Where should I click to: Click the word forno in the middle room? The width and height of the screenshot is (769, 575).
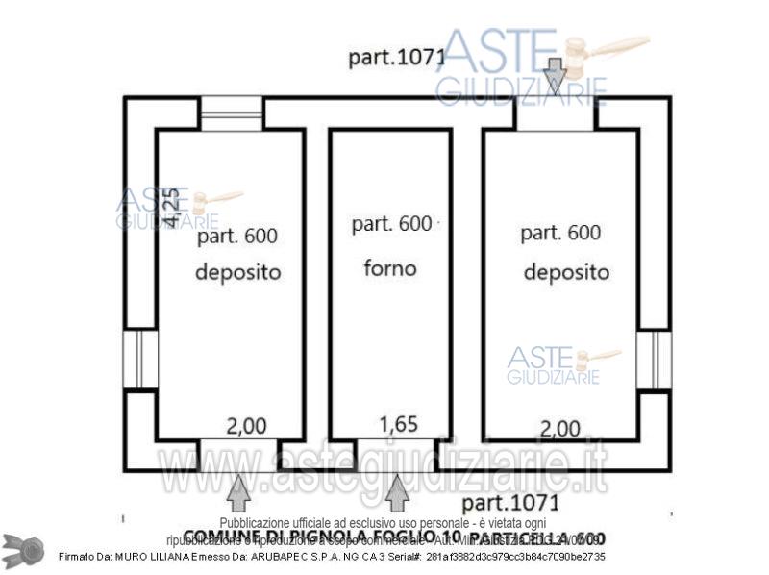click(390, 268)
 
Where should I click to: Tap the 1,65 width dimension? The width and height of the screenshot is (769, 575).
click(399, 424)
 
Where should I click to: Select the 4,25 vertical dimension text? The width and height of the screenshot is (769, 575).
click(169, 208)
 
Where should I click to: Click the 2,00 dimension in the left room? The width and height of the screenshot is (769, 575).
click(246, 426)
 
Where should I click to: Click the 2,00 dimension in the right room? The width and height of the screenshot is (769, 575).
click(559, 428)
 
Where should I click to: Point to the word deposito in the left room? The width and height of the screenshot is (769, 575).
click(238, 272)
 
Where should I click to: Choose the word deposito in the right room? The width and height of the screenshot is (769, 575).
click(566, 272)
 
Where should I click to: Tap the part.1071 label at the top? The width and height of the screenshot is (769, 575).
click(396, 58)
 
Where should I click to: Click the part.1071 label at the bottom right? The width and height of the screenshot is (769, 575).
click(510, 503)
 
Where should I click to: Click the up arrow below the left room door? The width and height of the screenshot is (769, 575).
click(239, 492)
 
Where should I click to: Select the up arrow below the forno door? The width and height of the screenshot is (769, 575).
click(397, 492)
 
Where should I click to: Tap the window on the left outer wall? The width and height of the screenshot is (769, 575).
click(140, 360)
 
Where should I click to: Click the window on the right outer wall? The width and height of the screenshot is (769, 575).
click(654, 360)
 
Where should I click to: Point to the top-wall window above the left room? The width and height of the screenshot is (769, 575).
click(231, 113)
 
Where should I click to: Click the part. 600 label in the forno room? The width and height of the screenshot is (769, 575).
click(391, 224)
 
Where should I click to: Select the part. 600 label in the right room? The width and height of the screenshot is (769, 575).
click(560, 233)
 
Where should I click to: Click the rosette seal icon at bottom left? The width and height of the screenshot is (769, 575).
click(23, 549)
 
